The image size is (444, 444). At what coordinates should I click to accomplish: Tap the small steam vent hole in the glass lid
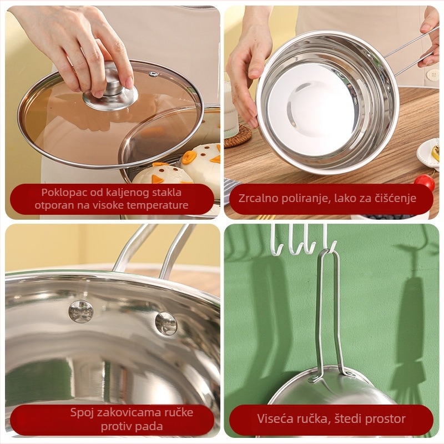153,74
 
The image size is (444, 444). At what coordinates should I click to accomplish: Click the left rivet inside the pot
80,312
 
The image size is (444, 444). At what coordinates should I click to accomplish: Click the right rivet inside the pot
165,324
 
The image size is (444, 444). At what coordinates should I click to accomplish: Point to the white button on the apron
431,75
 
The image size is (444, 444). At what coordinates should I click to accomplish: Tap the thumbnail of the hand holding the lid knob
129,84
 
